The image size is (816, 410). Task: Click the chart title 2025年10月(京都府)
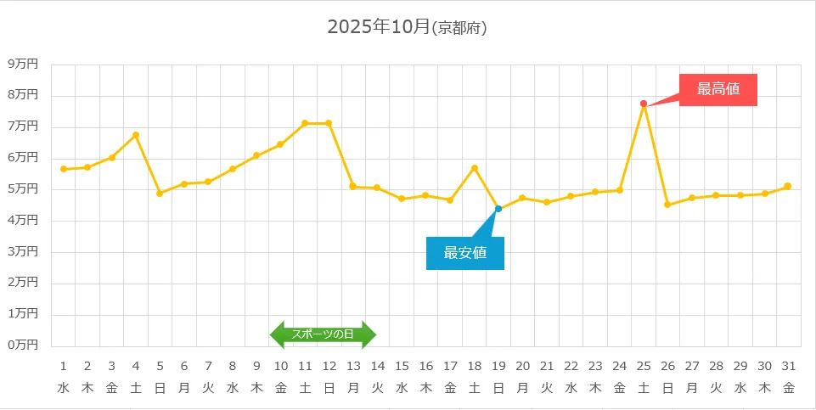[x=407, y=27]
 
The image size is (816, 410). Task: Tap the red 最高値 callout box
[x=718, y=89]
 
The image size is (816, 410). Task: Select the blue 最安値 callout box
[x=465, y=253]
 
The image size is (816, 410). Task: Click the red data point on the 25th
[x=644, y=104]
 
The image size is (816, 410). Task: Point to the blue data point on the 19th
[x=498, y=209]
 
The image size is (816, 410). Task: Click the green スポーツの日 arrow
[x=323, y=334]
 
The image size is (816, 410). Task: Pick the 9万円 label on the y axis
[x=23, y=64]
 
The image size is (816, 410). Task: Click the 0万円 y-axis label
[x=23, y=345]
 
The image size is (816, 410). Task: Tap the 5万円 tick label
[x=23, y=188]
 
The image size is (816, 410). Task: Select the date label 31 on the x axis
[x=789, y=366]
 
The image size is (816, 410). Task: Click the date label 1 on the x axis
[x=64, y=366]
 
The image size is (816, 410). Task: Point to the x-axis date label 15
[x=402, y=366]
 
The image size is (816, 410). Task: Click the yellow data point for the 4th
[x=136, y=135]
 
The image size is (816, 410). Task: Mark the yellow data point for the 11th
[x=305, y=123]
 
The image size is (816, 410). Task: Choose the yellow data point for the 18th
[x=475, y=168]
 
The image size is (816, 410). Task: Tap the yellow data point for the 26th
[x=667, y=205]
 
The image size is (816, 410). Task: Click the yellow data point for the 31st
[x=788, y=186]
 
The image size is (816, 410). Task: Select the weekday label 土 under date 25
[x=644, y=389]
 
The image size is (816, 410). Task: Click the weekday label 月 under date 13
[x=353, y=389]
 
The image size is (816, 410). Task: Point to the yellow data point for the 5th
[x=160, y=194]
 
